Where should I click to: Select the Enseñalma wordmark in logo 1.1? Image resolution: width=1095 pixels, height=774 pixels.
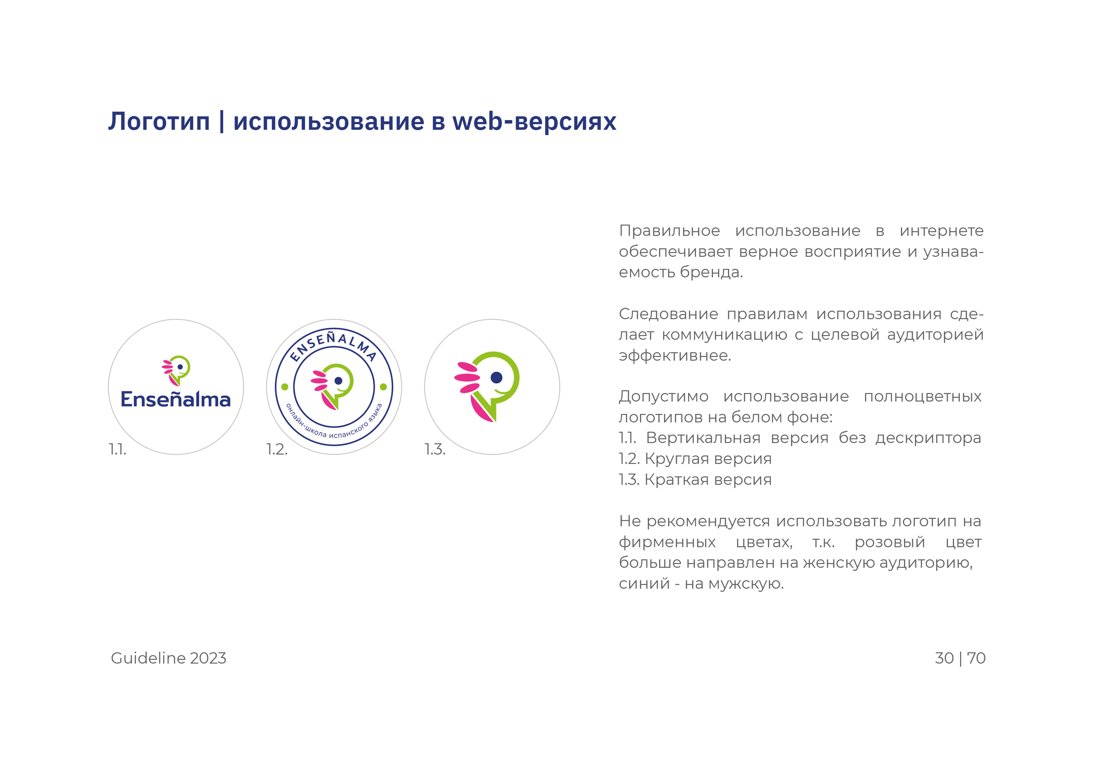pos(176,399)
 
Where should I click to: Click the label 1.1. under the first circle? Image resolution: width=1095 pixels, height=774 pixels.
pos(118,449)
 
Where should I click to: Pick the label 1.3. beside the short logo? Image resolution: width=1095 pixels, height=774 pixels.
pos(435,449)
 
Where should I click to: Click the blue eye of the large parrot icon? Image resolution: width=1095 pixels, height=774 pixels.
pos(497,378)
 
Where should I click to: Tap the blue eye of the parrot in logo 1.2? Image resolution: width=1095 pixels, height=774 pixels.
pos(338,381)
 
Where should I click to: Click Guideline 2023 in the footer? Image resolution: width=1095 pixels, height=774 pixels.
pos(168,658)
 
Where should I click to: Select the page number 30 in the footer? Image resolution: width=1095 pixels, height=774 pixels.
pos(944,658)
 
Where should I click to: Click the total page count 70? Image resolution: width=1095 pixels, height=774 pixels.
pos(976,658)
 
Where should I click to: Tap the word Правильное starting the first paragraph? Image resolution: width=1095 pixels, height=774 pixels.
pos(670,231)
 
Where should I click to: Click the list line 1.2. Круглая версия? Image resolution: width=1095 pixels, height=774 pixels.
pos(695,459)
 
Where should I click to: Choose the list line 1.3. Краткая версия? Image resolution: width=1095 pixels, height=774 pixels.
pos(695,480)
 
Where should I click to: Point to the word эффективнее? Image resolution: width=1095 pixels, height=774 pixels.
pos(675,356)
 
